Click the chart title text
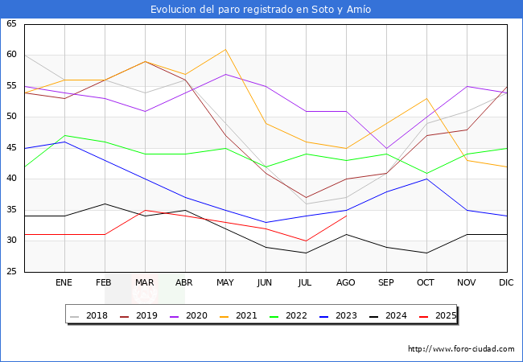tap(261, 10)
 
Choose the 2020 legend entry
tap(189, 315)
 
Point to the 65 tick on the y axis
tap(11, 24)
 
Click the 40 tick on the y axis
tap(11, 179)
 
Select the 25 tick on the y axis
tap(11, 272)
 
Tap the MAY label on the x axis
tap(226, 283)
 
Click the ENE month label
tap(64, 283)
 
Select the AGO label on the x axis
tap(346, 283)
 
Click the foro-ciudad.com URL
tap(461, 349)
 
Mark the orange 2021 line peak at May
tap(226, 49)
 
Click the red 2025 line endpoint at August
tap(346, 216)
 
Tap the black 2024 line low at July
tap(306, 253)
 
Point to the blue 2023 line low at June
tap(266, 222)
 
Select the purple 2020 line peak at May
tap(226, 74)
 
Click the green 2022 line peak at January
tap(64, 135)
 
